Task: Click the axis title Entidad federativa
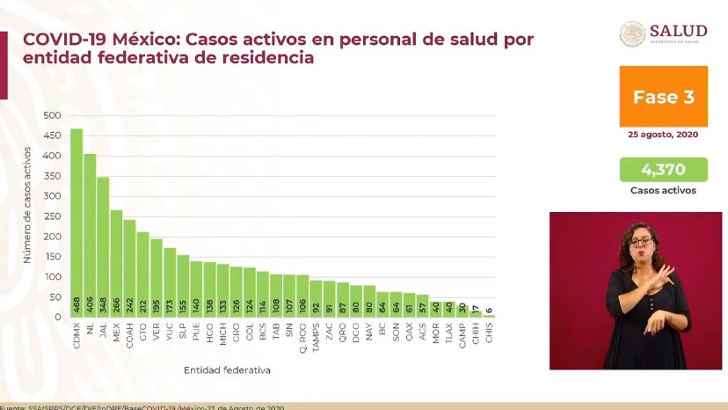227,370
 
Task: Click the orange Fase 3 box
663,97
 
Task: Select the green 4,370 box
663,169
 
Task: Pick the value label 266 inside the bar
116,305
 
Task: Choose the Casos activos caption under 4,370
663,190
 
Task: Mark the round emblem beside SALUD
632,33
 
